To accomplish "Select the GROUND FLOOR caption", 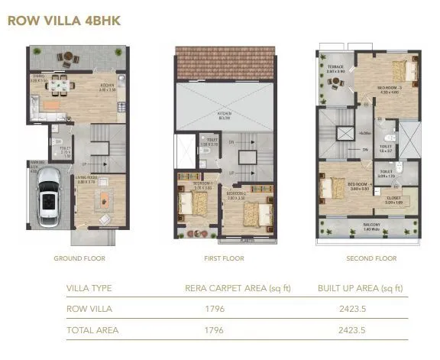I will pyautogui.click(x=79, y=258).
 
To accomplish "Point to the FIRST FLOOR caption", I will pyautogui.click(x=224, y=258).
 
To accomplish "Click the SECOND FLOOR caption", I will pyautogui.click(x=371, y=258).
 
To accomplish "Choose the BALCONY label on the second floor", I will pyautogui.click(x=370, y=225).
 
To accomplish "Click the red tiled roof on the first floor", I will pyautogui.click(x=224, y=62).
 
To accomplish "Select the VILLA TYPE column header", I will pyautogui.click(x=91, y=288).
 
